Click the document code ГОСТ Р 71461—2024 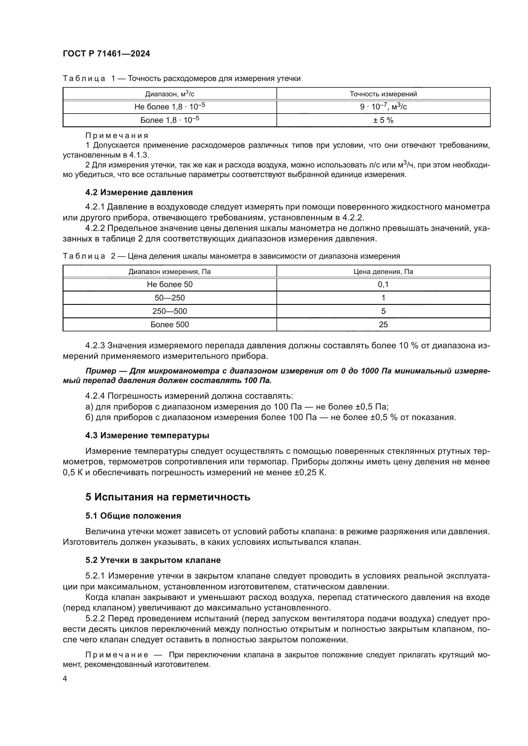pyautogui.click(x=106, y=54)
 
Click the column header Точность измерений pyautogui.click(x=383, y=94)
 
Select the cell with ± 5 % pyautogui.click(x=383, y=120)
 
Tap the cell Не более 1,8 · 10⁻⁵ pyautogui.click(x=170, y=107)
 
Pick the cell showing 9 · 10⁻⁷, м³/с pyautogui.click(x=383, y=107)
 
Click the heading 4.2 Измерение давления pyautogui.click(x=139, y=192)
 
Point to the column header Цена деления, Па pyautogui.click(x=383, y=272)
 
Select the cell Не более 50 pyautogui.click(x=170, y=284)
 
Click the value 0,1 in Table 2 pyautogui.click(x=383, y=284)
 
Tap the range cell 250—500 pyautogui.click(x=170, y=311)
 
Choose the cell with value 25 pyautogui.click(x=383, y=325)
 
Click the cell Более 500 pyautogui.click(x=170, y=325)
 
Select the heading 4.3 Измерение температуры pyautogui.click(x=147, y=435)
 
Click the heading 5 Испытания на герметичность pyautogui.click(x=168, y=497)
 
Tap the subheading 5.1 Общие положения pyautogui.click(x=133, y=516)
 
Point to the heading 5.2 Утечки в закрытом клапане pyautogui.click(x=153, y=560)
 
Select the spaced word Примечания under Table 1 pyautogui.click(x=117, y=136)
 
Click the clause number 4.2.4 pyautogui.click(x=95, y=396)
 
